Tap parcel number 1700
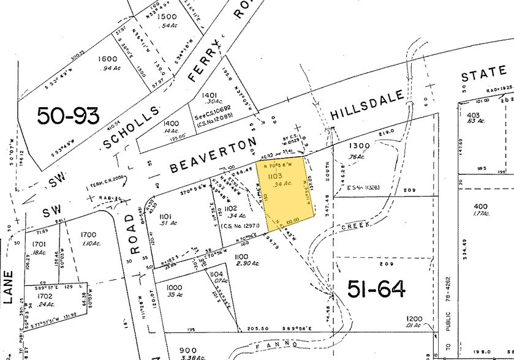(89, 234)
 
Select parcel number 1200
(415, 319)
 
